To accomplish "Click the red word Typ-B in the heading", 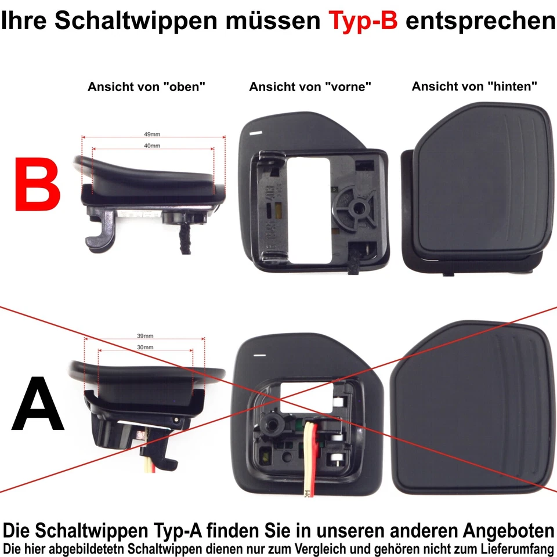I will point(363,21).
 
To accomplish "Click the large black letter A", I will point(38,404).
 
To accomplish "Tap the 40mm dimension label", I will point(152,146).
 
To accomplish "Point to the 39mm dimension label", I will point(145,336).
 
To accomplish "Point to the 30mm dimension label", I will point(145,347).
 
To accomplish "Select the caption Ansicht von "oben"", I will point(147,87).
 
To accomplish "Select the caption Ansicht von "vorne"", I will point(310,87).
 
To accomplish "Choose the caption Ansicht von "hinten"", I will point(474,86).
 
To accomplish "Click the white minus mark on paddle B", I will point(255,132).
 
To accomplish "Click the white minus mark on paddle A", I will point(259,354).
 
